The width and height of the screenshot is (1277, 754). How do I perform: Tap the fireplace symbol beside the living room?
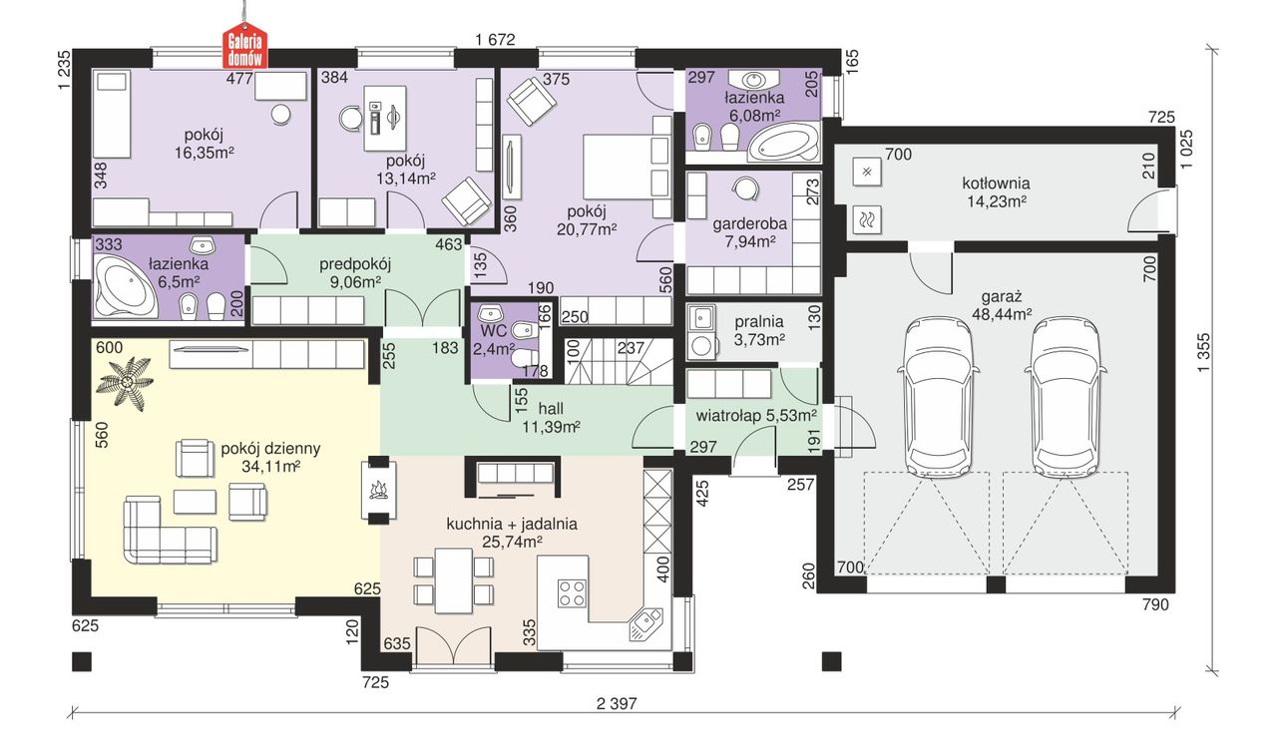click(x=378, y=489)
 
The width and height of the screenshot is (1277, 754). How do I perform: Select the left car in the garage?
click(x=939, y=394)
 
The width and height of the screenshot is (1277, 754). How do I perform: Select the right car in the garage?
click(x=1066, y=394)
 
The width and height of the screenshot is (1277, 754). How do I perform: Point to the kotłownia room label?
click(x=996, y=184)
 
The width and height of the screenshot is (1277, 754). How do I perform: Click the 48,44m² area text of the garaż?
click(x=1002, y=314)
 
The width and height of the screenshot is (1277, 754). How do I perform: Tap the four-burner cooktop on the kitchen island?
click(x=572, y=592)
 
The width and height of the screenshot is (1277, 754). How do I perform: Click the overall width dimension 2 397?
click(x=617, y=704)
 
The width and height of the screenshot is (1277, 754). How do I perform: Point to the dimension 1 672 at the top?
click(x=495, y=39)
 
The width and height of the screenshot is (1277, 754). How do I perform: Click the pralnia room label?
click(x=759, y=321)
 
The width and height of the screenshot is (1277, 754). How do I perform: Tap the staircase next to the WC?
click(x=619, y=361)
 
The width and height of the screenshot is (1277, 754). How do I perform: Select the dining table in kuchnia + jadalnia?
click(x=453, y=580)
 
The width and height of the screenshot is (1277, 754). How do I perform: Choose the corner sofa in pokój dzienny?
click(x=170, y=530)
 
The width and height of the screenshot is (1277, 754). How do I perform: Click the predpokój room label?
click(x=354, y=264)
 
